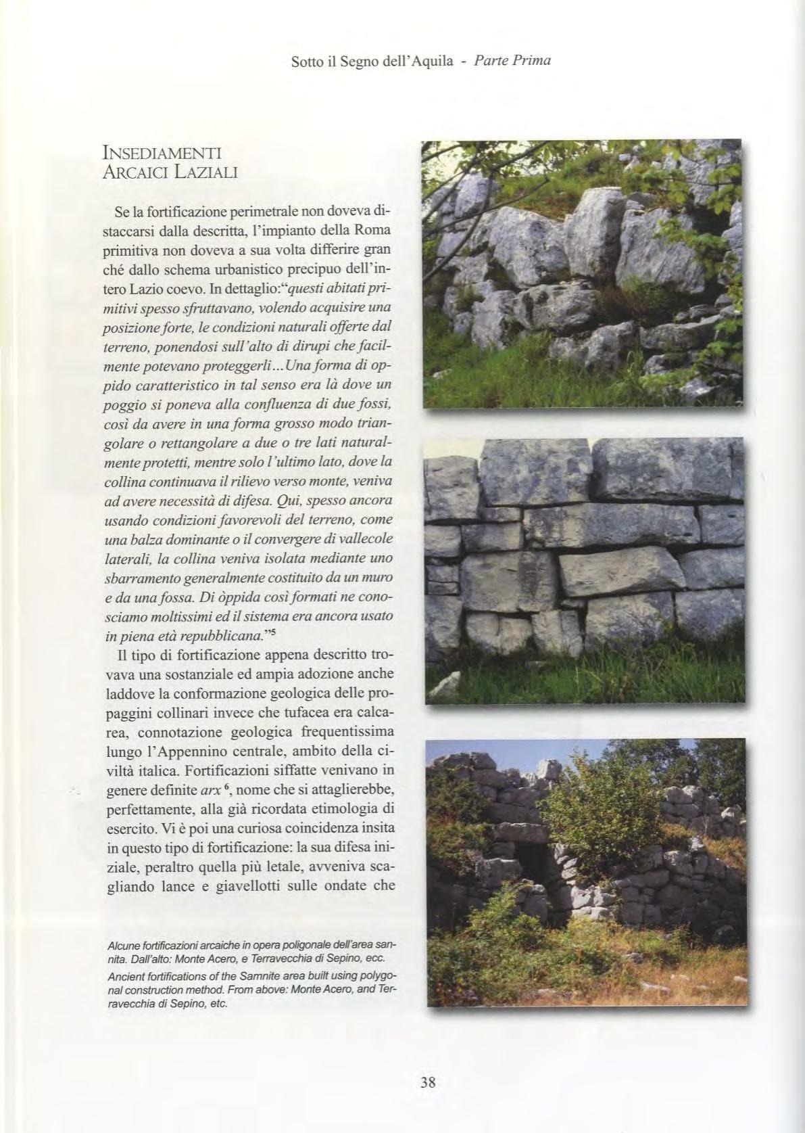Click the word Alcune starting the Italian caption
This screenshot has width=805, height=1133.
click(x=124, y=944)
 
